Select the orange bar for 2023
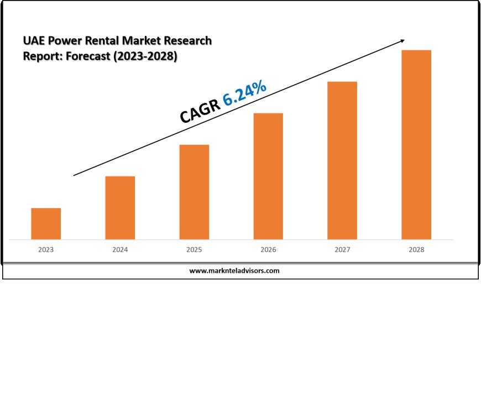(46, 224)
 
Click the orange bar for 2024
(120, 208)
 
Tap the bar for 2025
(194, 192)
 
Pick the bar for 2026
(268, 176)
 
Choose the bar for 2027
(342, 160)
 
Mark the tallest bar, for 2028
(416, 144)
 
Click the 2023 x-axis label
(46, 250)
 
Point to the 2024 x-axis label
(120, 250)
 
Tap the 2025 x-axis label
(194, 250)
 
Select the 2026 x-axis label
(268, 250)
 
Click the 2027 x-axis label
(342, 250)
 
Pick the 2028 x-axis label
(416, 250)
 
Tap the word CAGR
(200, 111)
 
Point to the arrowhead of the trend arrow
(402, 41)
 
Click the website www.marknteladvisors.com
(234, 271)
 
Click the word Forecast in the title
(88, 56)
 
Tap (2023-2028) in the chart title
(145, 56)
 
